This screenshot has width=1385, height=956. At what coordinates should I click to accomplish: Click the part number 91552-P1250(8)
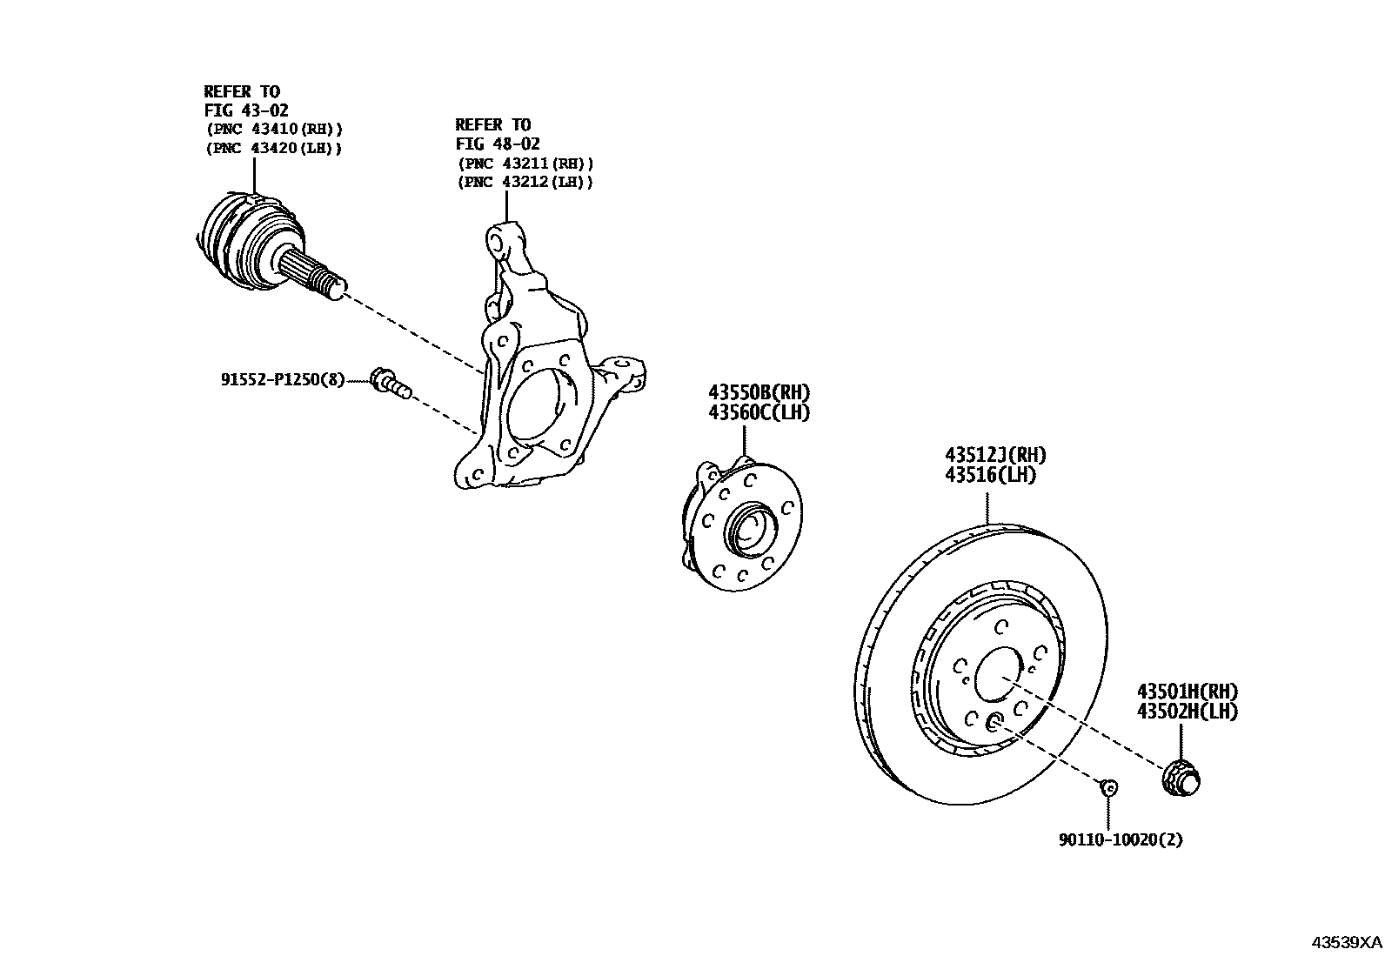pyautogui.click(x=282, y=379)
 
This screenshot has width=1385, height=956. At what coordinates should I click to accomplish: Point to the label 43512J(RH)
pyautogui.click(x=995, y=455)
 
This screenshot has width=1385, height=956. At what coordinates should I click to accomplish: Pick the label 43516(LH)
pyautogui.click(x=991, y=475)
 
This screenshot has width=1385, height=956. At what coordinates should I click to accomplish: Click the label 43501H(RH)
pyautogui.click(x=1187, y=692)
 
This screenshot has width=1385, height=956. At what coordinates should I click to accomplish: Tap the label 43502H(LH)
pyautogui.click(x=1187, y=711)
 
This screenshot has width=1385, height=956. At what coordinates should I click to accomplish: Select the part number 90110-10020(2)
pyautogui.click(x=1121, y=839)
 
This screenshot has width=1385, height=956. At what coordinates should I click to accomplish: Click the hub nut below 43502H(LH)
pyautogui.click(x=1181, y=777)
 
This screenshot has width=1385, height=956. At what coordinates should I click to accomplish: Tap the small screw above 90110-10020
pyautogui.click(x=1108, y=787)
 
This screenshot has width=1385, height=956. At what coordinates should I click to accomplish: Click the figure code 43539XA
pyautogui.click(x=1346, y=942)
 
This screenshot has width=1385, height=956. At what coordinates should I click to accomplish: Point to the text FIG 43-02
pyautogui.click(x=246, y=110)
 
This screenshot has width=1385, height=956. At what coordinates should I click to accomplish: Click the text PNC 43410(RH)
pyautogui.click(x=275, y=129)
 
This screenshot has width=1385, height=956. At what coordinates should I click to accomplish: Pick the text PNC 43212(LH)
pyautogui.click(x=525, y=182)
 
